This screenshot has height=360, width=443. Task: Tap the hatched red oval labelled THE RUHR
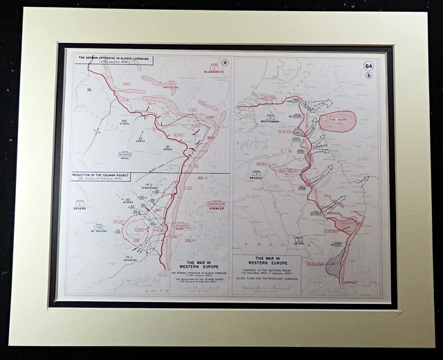coord(339,121)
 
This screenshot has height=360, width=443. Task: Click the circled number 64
coord(369,66)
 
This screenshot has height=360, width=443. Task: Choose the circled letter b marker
coord(369,75)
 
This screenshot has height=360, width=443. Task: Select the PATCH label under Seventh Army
coord(125,158)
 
